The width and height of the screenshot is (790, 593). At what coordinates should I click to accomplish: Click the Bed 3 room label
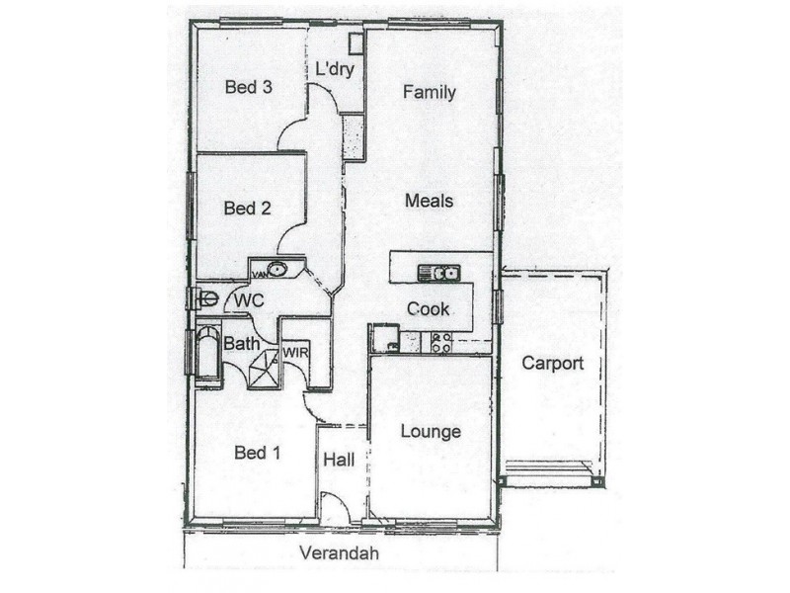[x=249, y=87]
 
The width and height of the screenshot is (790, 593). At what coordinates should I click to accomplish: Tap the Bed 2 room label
[x=247, y=208]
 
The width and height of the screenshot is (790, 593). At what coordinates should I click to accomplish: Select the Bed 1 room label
[x=258, y=453]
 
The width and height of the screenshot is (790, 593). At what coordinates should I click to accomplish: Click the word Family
[x=429, y=93]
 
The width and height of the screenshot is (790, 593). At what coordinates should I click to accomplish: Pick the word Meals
[x=429, y=201]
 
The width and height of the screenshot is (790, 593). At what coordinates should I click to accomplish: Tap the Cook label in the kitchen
[x=428, y=308]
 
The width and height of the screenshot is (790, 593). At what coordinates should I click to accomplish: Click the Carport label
[x=552, y=363]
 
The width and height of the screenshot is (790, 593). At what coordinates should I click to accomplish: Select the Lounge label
[x=431, y=432]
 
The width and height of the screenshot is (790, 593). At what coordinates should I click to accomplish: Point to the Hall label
[x=340, y=461]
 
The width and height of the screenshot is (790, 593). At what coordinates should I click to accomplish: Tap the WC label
[x=247, y=298]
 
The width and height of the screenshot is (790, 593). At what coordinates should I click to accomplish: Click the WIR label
[x=296, y=352]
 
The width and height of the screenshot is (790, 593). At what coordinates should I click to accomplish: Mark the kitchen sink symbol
[x=437, y=273]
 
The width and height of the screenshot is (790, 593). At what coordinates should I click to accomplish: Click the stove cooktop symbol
[x=440, y=343]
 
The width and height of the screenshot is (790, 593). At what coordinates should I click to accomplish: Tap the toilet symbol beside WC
[x=207, y=297]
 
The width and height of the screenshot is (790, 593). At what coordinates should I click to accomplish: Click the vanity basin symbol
[x=276, y=269]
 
